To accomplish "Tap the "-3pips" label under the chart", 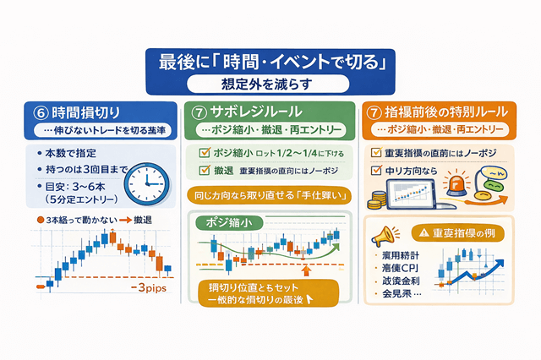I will (x=148, y=288).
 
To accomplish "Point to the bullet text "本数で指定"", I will (x=68, y=153).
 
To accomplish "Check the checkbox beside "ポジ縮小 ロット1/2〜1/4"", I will (x=202, y=153).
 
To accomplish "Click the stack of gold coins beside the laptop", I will (x=376, y=200).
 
